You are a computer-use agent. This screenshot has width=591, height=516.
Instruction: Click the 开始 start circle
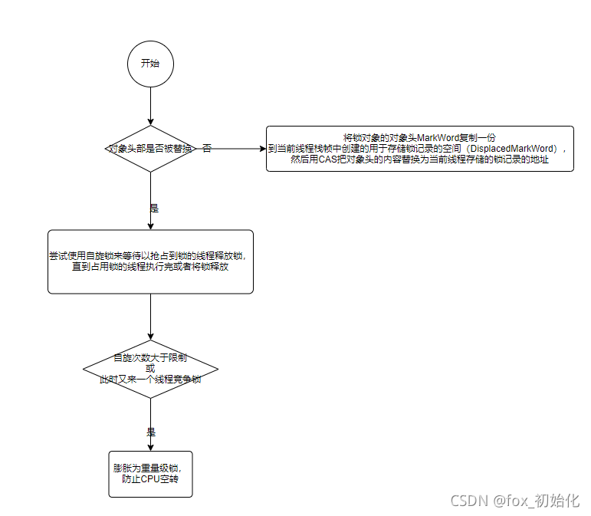click(x=150, y=64)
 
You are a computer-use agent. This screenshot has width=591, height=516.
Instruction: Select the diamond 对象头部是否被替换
click(x=150, y=148)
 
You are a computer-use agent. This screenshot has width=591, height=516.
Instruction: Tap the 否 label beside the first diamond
click(x=207, y=148)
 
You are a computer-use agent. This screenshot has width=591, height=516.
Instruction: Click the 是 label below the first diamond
click(x=153, y=208)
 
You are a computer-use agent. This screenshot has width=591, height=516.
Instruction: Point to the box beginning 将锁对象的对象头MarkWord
click(x=420, y=148)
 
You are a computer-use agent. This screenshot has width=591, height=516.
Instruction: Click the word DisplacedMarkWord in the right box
click(x=514, y=148)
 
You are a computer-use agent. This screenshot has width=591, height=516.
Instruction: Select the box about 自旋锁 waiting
click(x=150, y=261)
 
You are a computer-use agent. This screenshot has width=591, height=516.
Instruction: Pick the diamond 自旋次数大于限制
click(x=150, y=370)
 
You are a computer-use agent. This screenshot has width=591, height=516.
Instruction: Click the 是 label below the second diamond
click(x=151, y=431)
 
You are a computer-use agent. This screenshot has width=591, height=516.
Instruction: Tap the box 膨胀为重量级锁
click(x=150, y=474)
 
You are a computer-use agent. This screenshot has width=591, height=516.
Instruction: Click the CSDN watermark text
click(x=514, y=501)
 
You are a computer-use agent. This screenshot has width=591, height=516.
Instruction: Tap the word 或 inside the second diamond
click(x=149, y=369)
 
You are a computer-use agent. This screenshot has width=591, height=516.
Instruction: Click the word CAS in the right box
click(x=329, y=159)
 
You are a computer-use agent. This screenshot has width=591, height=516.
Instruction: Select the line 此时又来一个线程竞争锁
click(x=150, y=380)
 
